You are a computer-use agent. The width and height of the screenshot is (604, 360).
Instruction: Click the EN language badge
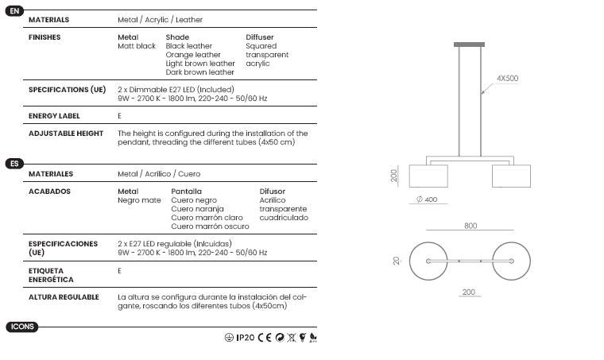pyautogui.click(x=14, y=11)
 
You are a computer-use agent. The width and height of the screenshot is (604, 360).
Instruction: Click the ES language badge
pyautogui.click(x=14, y=164)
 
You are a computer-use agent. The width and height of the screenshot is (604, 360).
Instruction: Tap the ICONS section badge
pyautogui.click(x=22, y=327)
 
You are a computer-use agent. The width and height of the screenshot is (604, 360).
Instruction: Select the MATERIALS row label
pyautogui.click(x=49, y=20)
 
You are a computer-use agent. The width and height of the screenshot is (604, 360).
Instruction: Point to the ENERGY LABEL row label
pyautogui.click(x=54, y=116)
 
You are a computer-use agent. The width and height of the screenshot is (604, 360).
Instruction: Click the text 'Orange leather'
pyautogui.click(x=193, y=55)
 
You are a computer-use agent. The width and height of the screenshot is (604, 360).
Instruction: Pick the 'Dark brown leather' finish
pyautogui.click(x=200, y=72)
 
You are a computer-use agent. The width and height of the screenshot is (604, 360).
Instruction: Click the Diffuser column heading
pyautogui.click(x=260, y=37)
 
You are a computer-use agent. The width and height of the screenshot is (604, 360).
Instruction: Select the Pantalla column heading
pyautogui.click(x=187, y=192)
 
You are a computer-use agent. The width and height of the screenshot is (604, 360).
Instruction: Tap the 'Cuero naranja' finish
pyautogui.click(x=197, y=209)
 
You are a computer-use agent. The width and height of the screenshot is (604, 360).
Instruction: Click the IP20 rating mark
pyautogui.click(x=246, y=338)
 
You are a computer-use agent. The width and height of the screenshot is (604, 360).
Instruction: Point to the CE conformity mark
pyautogui.click(x=265, y=338)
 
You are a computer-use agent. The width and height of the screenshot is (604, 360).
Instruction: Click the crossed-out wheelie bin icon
pyautogui.click(x=292, y=338)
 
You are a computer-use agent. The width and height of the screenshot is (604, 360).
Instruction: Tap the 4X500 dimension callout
pyautogui.click(x=507, y=78)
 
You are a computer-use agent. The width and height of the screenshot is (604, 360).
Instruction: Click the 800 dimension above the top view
pyautogui.click(x=470, y=226)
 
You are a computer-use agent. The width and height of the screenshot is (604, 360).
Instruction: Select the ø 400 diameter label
pyautogui.click(x=427, y=199)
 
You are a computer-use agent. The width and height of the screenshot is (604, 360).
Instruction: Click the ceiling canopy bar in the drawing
pyautogui.click(x=469, y=45)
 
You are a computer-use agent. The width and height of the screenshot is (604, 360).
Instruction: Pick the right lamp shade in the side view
pyautogui.click(x=511, y=176)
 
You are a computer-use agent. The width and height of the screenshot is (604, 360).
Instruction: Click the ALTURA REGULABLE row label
pyautogui.click(x=64, y=297)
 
